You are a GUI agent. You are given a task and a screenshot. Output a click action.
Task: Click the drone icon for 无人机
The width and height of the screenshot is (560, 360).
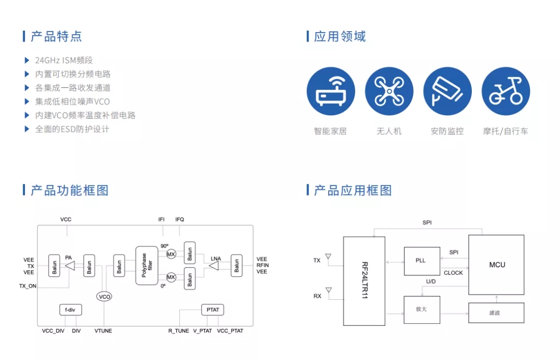(x=389, y=91)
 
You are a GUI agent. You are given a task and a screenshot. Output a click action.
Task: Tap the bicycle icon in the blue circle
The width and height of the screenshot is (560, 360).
(x=506, y=91)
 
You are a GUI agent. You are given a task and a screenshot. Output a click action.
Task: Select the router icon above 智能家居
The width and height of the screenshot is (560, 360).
(x=331, y=91)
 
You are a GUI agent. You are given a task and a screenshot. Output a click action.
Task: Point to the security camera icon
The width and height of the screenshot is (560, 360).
(x=447, y=91)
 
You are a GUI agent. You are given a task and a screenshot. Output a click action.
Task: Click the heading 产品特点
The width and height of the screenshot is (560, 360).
(x=56, y=36)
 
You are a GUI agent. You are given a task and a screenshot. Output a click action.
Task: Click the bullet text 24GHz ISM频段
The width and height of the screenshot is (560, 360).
(x=64, y=60)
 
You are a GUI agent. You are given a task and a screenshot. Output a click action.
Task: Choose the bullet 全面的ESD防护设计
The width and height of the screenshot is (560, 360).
(x=72, y=129)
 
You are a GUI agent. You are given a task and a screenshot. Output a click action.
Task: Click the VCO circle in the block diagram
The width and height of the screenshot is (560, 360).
(x=104, y=297)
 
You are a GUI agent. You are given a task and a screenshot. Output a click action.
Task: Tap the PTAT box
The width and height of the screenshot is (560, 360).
(x=213, y=310)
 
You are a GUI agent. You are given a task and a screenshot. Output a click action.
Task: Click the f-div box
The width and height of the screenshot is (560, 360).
(x=71, y=310)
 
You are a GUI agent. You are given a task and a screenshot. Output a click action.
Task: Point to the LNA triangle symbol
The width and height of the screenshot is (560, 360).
(x=214, y=266)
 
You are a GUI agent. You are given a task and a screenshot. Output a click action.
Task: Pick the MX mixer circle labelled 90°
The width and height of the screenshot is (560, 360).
(x=171, y=254)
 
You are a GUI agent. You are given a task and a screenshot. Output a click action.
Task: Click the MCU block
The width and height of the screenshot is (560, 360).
(x=496, y=265)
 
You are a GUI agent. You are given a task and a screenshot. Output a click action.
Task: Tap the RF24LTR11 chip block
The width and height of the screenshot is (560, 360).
(x=364, y=281)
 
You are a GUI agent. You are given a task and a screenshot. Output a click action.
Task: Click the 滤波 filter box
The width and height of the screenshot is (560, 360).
(x=496, y=313)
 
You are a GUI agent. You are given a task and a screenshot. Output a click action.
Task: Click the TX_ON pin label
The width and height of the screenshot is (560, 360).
(x=28, y=286)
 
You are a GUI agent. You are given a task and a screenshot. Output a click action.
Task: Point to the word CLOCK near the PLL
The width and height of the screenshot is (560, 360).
(x=453, y=273)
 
